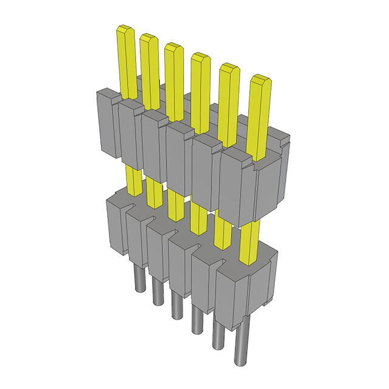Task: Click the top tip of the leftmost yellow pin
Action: [126, 29]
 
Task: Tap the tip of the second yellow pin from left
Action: [148, 38]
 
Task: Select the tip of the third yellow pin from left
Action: [173, 47]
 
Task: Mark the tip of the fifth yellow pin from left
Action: [228, 67]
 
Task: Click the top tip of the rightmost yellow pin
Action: [260, 79]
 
